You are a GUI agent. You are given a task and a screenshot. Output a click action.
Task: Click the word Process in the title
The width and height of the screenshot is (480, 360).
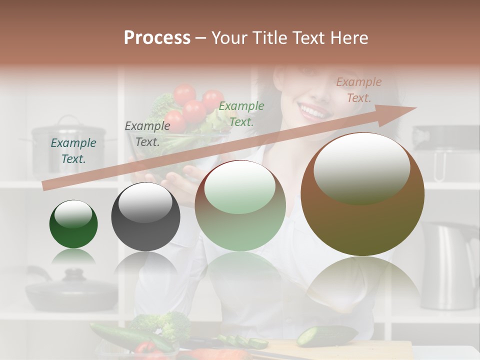(157, 37)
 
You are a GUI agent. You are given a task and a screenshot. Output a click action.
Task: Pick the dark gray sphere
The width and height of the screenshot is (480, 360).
(145, 217)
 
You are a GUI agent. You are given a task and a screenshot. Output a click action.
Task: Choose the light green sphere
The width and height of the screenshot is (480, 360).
(240, 206)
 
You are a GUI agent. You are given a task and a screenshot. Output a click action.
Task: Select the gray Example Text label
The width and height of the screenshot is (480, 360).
(147, 134)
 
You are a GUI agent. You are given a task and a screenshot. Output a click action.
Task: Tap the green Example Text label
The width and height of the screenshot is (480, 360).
(241, 113)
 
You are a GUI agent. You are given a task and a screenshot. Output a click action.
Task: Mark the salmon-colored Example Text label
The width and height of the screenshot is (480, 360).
(359, 90)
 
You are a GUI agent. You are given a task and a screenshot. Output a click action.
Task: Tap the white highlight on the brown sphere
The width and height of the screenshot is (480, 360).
(361, 167)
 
